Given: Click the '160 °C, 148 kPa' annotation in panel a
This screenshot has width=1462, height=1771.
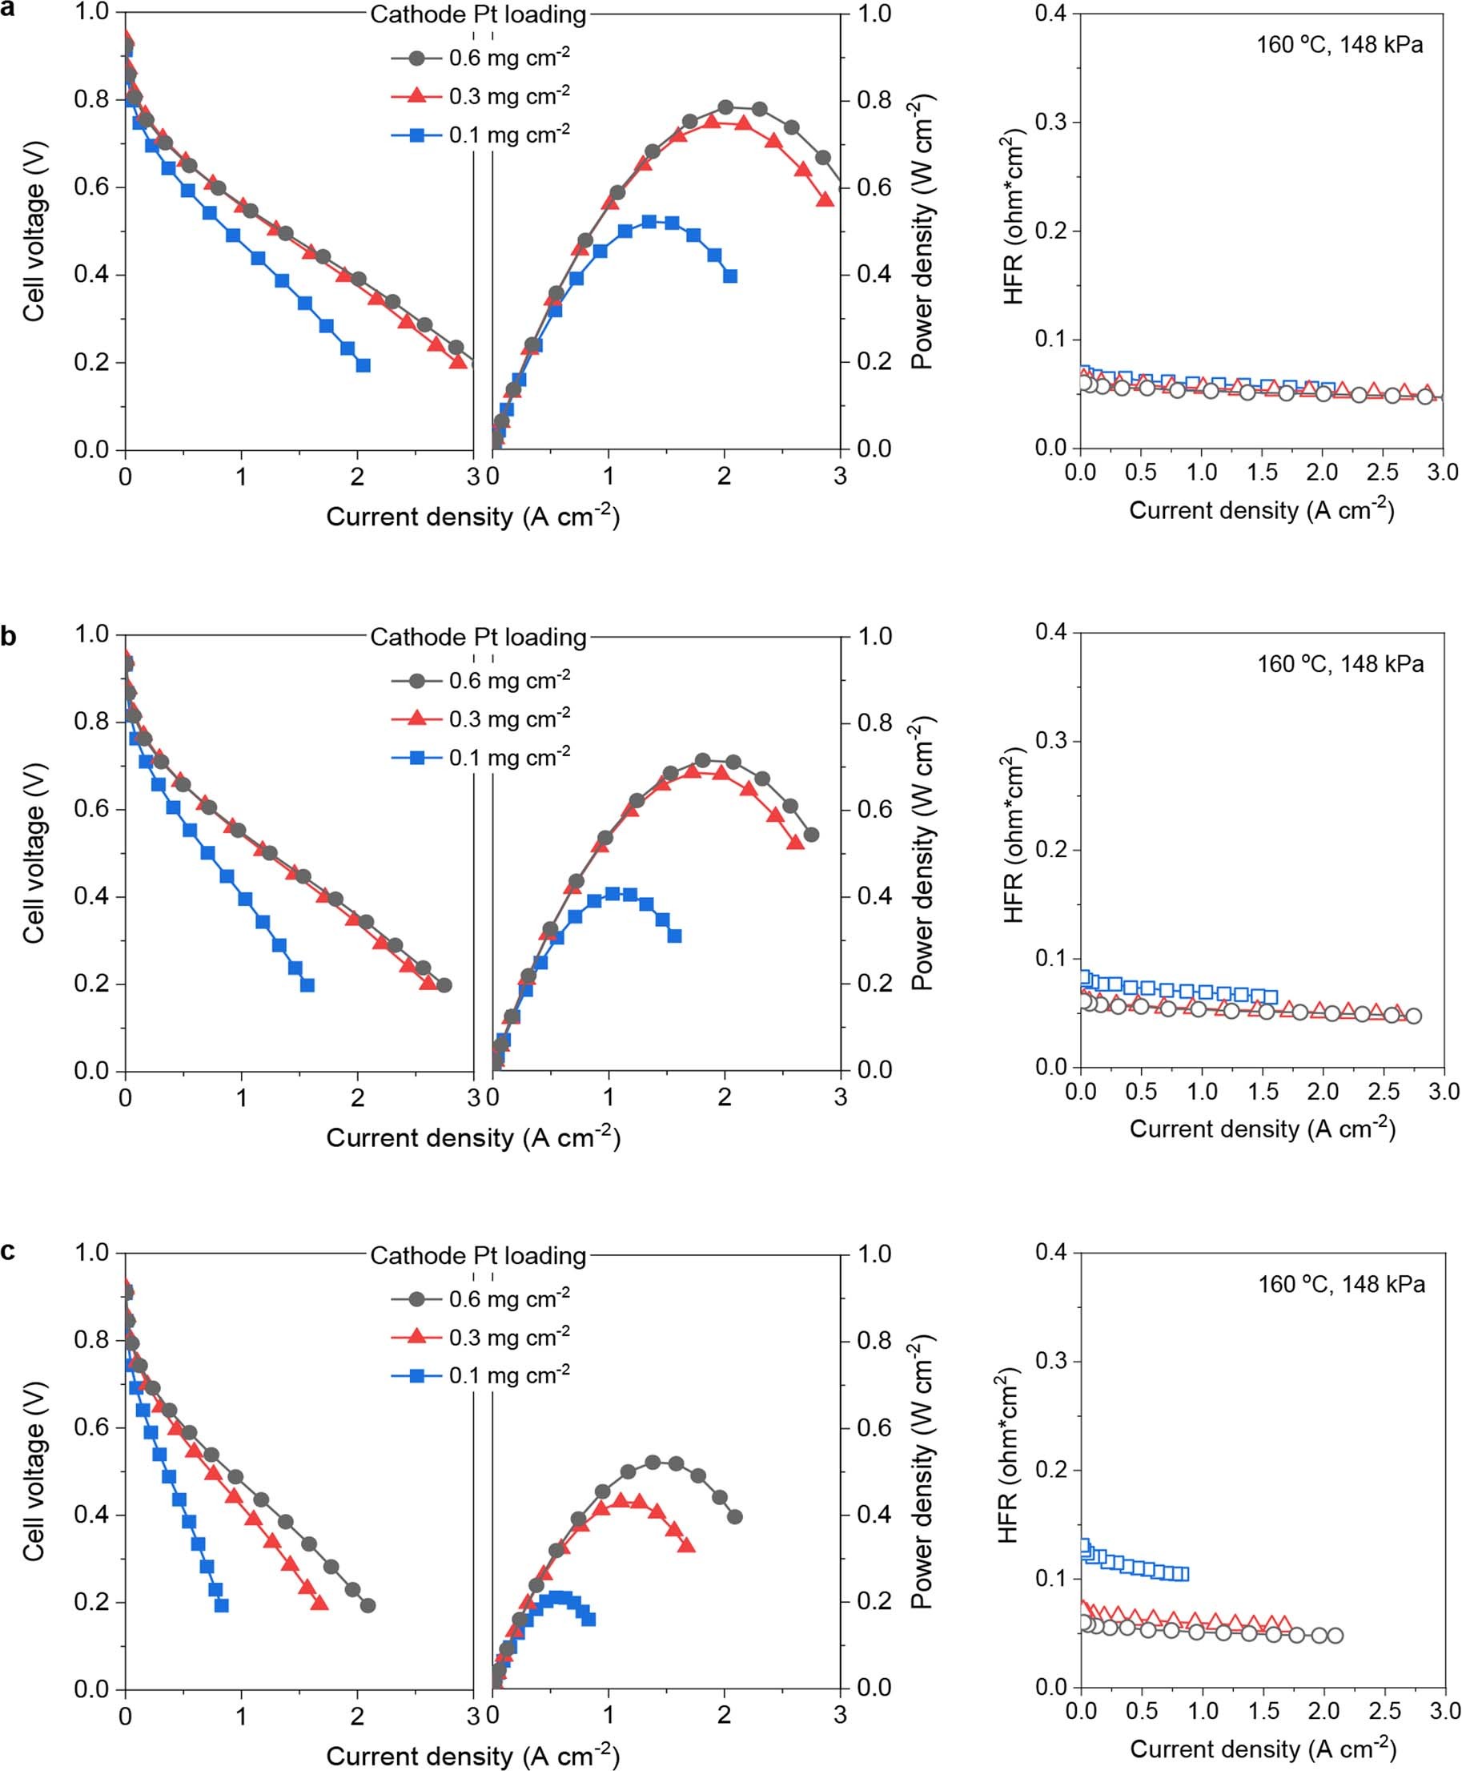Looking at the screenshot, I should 1339,45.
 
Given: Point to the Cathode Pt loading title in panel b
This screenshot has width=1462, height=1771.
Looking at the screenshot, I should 478,637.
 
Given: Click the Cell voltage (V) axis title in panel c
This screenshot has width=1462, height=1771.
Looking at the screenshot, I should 34,1472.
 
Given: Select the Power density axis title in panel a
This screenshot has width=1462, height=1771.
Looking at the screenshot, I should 923,231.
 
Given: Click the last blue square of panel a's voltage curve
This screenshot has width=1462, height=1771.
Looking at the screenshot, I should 363,364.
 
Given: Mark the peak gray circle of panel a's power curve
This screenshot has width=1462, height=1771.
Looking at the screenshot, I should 725,107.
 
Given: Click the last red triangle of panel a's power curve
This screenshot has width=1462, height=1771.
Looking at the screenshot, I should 825,199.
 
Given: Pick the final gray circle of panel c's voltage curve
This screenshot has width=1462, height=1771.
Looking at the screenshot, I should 368,1606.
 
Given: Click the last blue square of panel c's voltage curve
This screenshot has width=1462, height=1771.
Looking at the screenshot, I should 222,1606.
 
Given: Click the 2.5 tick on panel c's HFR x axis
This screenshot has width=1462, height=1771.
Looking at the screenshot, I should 1384,1711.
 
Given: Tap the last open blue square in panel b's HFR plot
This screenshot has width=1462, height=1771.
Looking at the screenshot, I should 1270,997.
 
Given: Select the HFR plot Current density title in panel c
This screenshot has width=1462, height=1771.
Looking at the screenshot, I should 1263,1749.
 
